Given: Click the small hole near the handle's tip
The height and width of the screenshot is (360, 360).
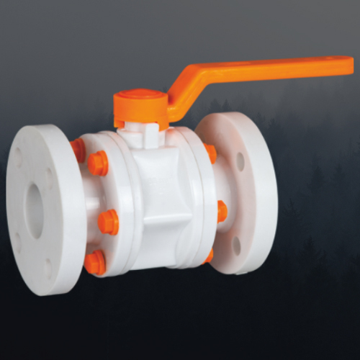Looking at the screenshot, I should pyautogui.click(x=333, y=66).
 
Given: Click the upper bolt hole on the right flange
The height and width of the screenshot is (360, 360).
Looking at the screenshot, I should pyautogui.click(x=240, y=161).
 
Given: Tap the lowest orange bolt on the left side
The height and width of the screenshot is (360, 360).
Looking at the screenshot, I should pyautogui.click(x=94, y=263).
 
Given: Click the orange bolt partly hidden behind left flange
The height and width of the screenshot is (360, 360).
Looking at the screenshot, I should pyautogui.click(x=77, y=150).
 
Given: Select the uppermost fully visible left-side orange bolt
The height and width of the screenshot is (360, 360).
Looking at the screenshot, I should pyautogui.click(x=98, y=163).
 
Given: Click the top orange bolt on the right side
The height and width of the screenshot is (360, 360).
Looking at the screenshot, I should pyautogui.click(x=210, y=152).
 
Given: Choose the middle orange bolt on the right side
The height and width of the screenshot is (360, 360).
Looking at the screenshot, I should pyautogui.click(x=221, y=211).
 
